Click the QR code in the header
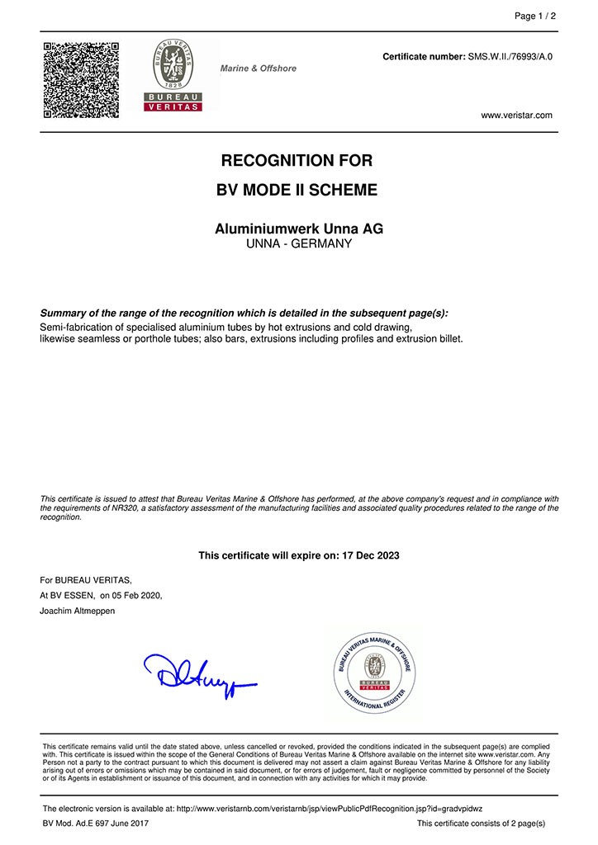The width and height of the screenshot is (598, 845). [81, 79]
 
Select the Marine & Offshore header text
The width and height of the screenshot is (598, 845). [258, 68]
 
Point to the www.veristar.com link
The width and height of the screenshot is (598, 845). [516, 116]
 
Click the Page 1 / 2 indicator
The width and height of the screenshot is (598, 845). [535, 16]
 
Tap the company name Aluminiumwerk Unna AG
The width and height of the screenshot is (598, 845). [298, 229]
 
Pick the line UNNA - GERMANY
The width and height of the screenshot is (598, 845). [298, 244]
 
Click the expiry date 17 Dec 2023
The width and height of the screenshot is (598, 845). [369, 555]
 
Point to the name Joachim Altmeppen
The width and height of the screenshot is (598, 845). [78, 610]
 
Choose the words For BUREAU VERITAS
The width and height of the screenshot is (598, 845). [85, 580]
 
